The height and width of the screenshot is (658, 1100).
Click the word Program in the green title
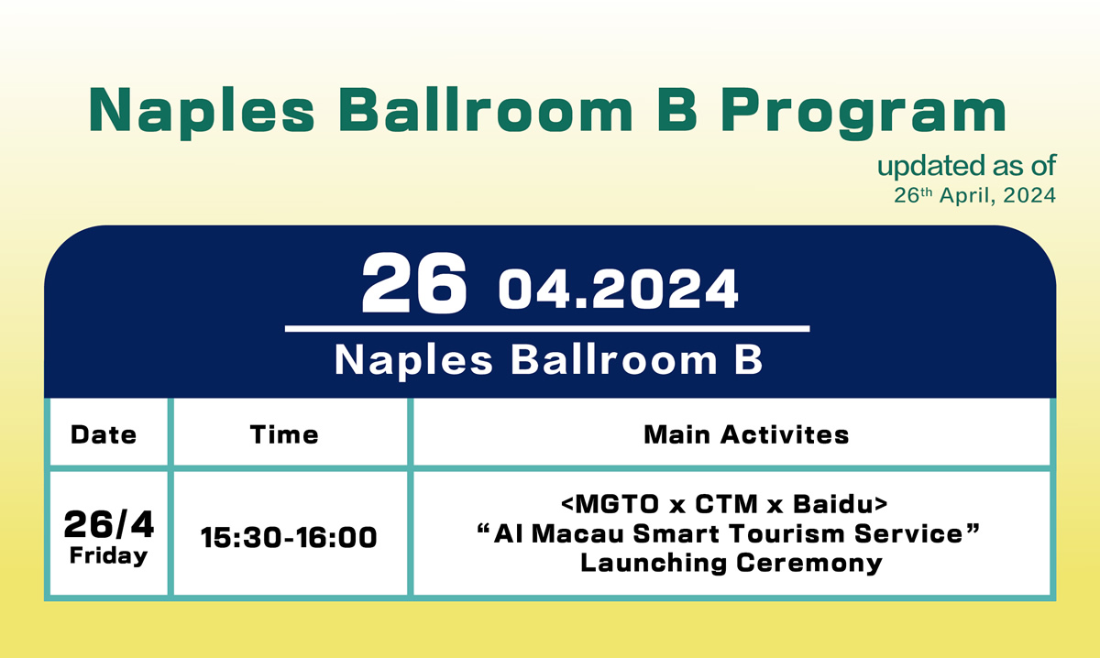pyautogui.click(x=863, y=114)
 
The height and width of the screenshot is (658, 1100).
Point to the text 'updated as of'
pyautogui.click(x=966, y=167)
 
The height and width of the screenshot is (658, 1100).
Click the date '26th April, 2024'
pyautogui.click(x=974, y=195)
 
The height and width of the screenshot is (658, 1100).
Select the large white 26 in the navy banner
pyautogui.click(x=414, y=283)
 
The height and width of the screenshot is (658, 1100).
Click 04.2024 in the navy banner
pyautogui.click(x=618, y=290)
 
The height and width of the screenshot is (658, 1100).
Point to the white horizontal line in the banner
pyautogui.click(x=547, y=328)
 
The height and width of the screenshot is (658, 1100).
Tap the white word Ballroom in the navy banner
pyautogui.click(x=614, y=360)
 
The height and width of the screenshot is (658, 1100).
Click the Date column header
pyautogui.click(x=104, y=434)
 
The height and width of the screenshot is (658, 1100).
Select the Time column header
pyautogui.click(x=284, y=434)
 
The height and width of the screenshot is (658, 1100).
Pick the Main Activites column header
pyautogui.click(x=746, y=434)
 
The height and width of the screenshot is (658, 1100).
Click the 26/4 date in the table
pyautogui.click(x=108, y=524)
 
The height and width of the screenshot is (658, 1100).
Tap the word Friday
pyautogui.click(x=108, y=556)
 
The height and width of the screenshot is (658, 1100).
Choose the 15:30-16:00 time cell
pyautogui.click(x=289, y=537)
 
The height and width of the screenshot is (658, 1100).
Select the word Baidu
pyautogui.click(x=833, y=504)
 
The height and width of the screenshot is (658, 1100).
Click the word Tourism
pyautogui.click(x=787, y=533)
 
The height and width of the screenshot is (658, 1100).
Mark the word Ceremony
pyautogui.click(x=809, y=564)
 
